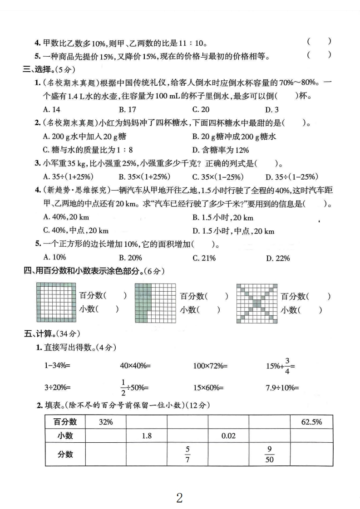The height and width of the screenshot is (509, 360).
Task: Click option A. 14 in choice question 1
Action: [x=51, y=109]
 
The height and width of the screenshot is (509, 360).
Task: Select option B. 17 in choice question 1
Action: [x=128, y=109]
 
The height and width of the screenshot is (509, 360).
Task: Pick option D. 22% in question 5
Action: [x=277, y=258]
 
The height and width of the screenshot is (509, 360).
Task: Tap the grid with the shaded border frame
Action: [x=54, y=302]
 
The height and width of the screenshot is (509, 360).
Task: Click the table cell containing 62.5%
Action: [x=311, y=422]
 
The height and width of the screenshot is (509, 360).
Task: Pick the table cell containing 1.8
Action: [x=146, y=436]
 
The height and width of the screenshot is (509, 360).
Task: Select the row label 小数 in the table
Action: [x=65, y=436]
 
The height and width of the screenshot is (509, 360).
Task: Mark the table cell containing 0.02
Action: [x=228, y=436]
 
